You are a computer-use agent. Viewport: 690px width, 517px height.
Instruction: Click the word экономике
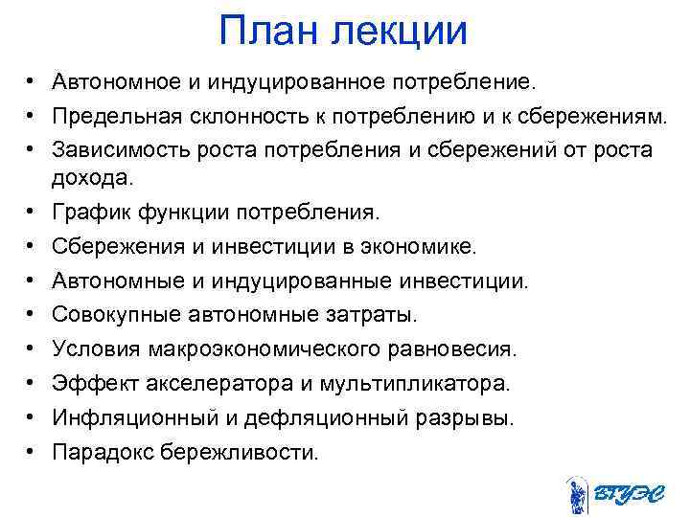tap(420, 247)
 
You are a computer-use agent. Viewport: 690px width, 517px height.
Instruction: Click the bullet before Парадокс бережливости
tap(32, 451)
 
